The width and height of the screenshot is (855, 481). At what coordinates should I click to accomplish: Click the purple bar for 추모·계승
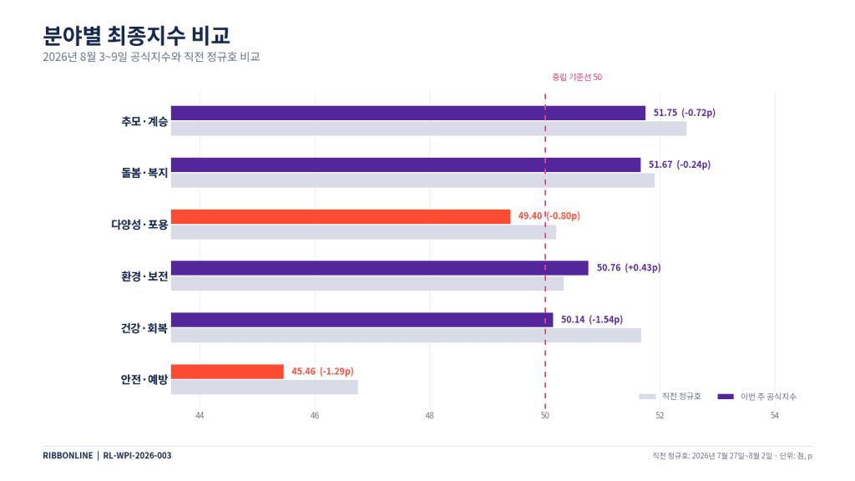click(407, 113)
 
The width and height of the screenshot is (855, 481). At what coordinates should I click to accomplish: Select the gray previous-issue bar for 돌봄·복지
click(412, 180)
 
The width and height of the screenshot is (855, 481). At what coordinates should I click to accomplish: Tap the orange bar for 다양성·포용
click(341, 216)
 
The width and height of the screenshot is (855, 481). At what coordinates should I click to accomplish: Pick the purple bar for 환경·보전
click(380, 268)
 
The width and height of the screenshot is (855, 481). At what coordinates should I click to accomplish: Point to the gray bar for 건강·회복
click(407, 336)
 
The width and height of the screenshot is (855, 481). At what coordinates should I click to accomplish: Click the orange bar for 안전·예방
click(227, 372)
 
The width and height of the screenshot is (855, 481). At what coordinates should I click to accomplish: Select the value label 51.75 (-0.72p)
click(685, 113)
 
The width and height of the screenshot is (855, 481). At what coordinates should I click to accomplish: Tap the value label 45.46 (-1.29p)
click(322, 372)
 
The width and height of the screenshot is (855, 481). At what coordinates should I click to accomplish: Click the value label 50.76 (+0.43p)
click(629, 268)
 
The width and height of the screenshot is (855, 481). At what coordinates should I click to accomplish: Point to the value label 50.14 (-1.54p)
click(592, 320)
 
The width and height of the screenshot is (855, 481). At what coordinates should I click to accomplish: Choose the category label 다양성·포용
click(139, 224)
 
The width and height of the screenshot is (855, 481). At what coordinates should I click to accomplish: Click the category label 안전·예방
click(144, 379)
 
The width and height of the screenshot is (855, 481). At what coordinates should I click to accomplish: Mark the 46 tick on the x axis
click(315, 416)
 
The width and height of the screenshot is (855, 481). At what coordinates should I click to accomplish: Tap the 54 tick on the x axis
click(775, 416)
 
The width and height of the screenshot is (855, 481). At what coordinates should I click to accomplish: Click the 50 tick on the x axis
click(544, 416)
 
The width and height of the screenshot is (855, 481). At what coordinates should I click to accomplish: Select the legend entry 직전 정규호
click(670, 397)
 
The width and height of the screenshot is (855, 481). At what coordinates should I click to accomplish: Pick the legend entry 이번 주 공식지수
click(756, 397)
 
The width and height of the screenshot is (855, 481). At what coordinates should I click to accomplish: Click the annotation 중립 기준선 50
click(577, 78)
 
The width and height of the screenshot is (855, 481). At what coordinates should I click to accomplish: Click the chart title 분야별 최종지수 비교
click(136, 35)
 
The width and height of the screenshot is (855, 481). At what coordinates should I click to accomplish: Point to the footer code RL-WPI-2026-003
click(137, 455)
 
